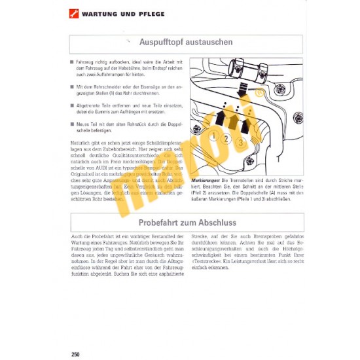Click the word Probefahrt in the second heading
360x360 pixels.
click(x=160, y=223)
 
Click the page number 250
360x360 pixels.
click(x=75, y=354)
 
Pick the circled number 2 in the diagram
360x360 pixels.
click(x=226, y=138)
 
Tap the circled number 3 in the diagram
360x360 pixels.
click(x=241, y=141)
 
